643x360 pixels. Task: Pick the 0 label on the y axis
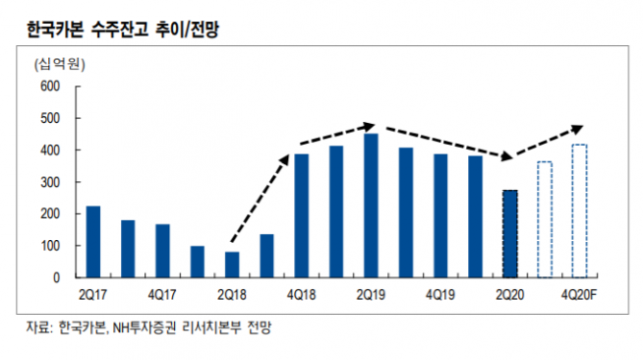click(56, 277)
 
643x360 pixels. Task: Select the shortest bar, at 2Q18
click(232, 265)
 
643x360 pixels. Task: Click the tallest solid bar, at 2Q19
click(371, 206)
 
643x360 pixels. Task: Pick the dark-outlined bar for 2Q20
click(510, 234)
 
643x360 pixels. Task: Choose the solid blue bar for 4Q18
click(302, 215)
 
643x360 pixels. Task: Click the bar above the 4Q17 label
click(162, 251)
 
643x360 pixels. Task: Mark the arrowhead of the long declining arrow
click(506, 156)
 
